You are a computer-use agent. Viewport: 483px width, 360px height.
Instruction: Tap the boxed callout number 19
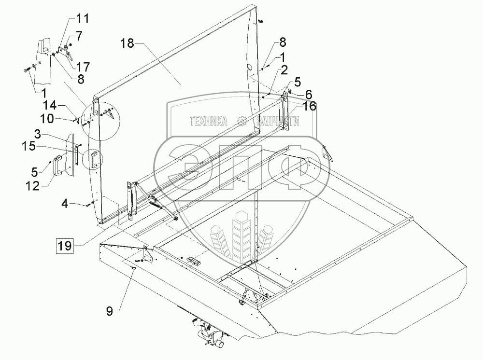click(65, 246)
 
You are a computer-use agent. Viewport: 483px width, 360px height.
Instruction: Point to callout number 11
click(83, 20)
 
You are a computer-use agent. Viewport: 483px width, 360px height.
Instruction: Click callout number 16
click(309, 107)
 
